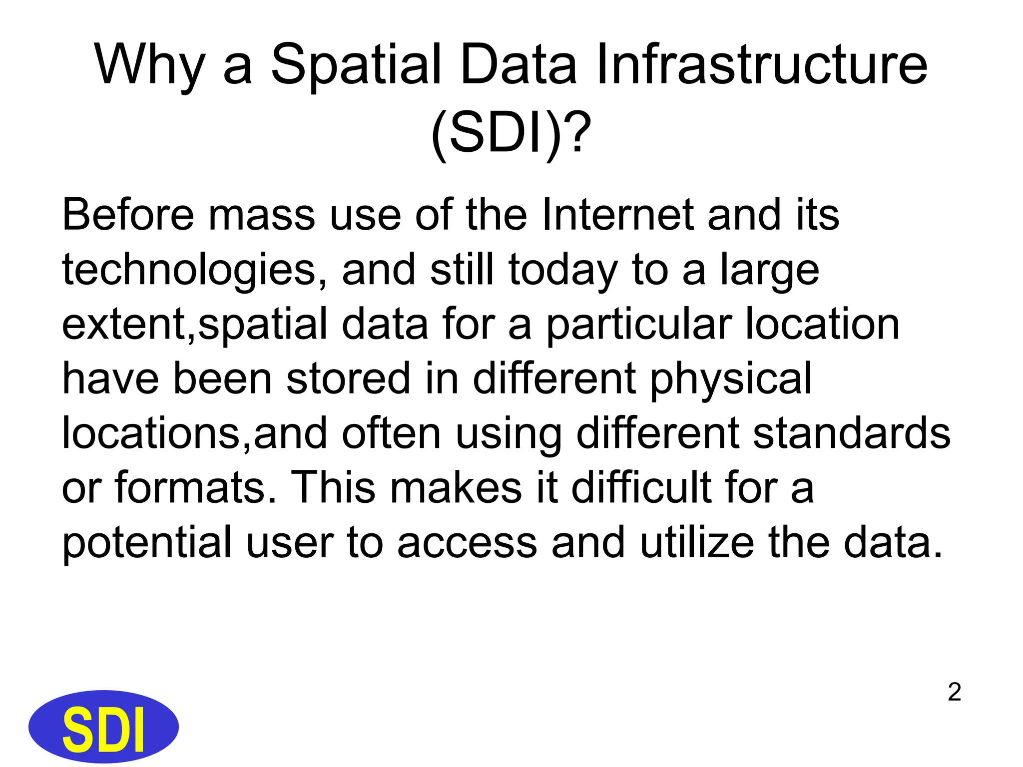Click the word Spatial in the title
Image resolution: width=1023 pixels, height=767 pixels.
coord(356,65)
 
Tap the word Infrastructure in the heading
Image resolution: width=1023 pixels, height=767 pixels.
coord(761,65)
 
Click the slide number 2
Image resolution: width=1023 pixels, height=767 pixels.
coord(954,692)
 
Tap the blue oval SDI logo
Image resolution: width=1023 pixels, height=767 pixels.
coord(103,727)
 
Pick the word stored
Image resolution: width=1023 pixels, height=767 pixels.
coord(348,379)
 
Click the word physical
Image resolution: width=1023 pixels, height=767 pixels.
coord(731,379)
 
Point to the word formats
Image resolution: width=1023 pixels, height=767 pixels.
coord(196,487)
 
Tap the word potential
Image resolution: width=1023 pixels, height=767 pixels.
coord(147,542)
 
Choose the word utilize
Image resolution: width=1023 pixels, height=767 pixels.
coord(697,542)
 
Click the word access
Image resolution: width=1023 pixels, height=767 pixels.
coord(467,542)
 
